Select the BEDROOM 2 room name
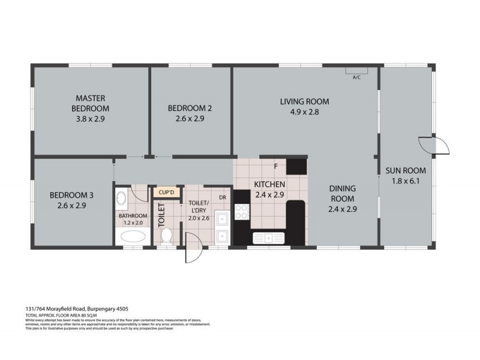point(190,108)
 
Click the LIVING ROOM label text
point(304,101)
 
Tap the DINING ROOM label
point(343,193)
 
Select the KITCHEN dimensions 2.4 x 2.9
point(269,195)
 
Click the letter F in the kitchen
point(275,166)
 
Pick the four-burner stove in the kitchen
point(242,212)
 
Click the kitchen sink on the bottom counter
point(270,238)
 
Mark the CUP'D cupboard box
point(166,193)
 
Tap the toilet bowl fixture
point(168,235)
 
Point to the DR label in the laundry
point(222,197)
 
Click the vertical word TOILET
point(160,214)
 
